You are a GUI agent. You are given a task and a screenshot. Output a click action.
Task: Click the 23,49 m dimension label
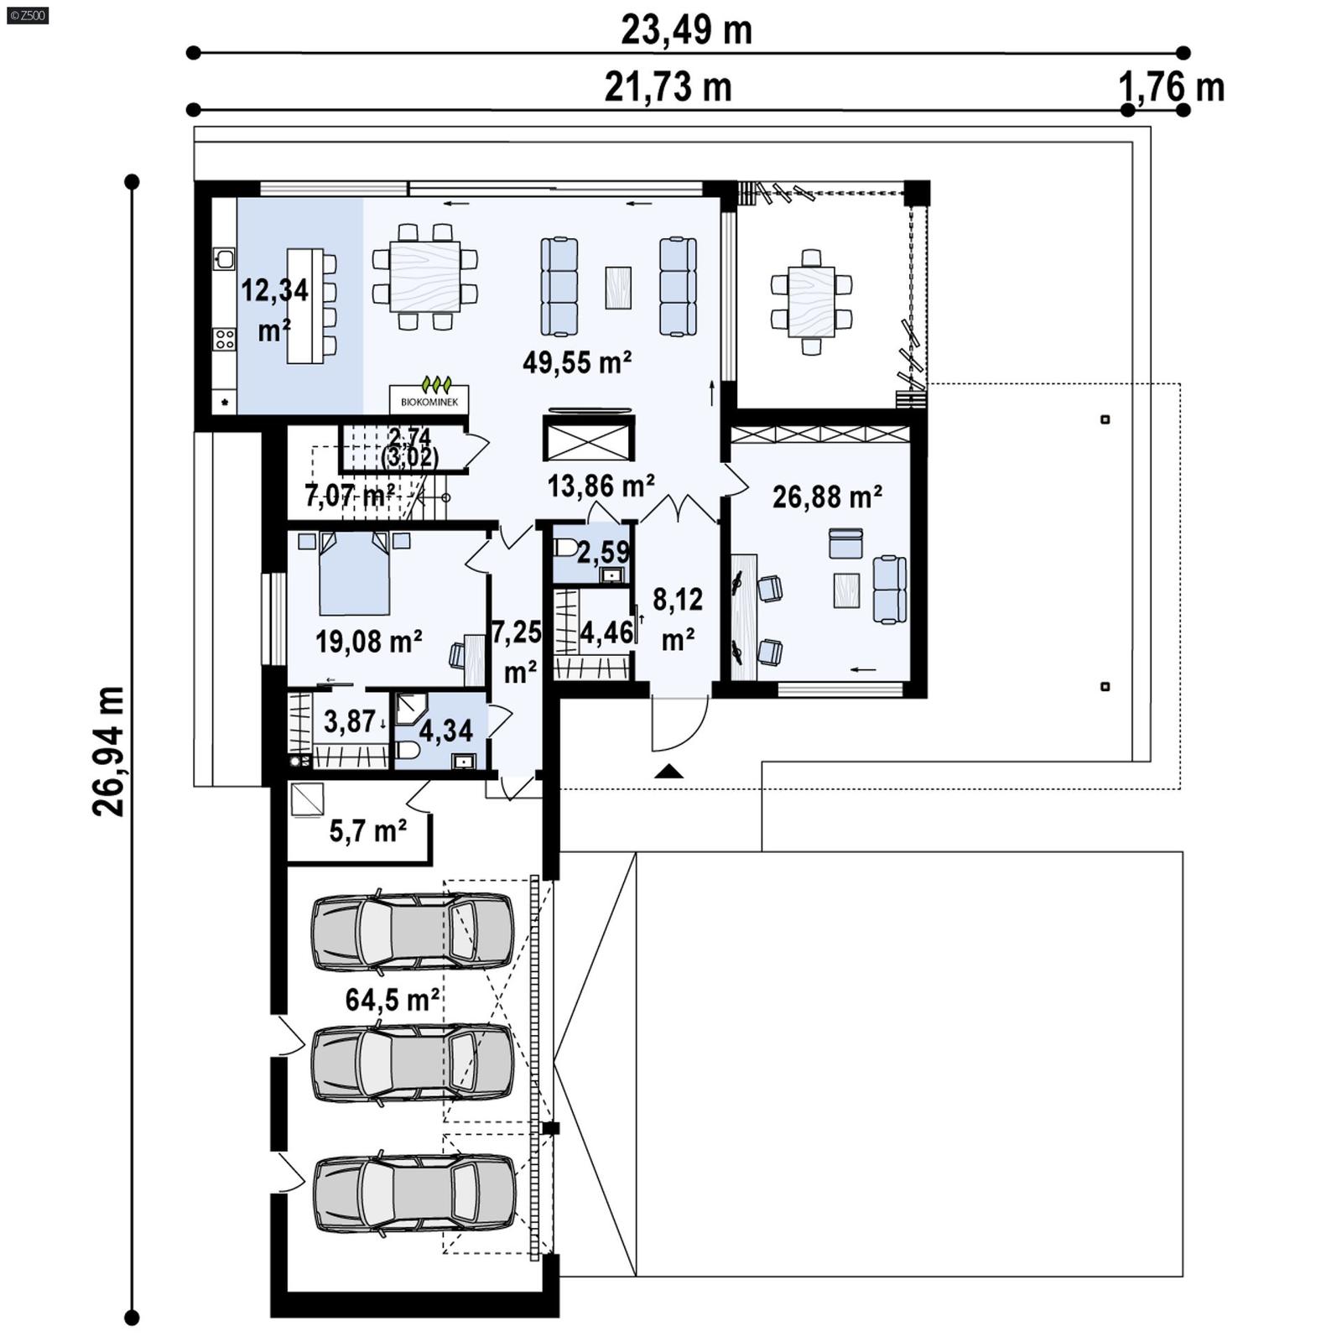(686, 30)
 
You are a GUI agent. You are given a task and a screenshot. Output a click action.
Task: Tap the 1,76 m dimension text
(1172, 86)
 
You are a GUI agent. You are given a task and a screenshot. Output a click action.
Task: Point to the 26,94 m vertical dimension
(109, 751)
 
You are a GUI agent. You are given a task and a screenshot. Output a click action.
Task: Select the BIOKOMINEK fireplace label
(429, 402)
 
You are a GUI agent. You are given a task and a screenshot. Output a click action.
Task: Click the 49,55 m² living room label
(577, 362)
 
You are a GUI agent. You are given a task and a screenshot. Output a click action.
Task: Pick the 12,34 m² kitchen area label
(274, 309)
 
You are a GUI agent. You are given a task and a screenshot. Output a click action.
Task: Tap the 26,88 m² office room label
(826, 497)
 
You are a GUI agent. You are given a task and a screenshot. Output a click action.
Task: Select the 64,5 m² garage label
(392, 999)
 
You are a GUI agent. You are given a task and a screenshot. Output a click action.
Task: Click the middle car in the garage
(412, 1064)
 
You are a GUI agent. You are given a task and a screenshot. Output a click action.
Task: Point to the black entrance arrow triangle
(668, 772)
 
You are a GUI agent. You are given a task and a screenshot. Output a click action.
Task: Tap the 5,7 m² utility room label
(367, 830)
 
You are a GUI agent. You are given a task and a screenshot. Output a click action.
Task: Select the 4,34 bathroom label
(445, 731)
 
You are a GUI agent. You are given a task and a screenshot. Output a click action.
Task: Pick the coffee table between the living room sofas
(618, 288)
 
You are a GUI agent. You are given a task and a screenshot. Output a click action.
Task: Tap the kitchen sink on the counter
(224, 257)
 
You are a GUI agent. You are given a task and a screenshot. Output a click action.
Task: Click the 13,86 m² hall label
(601, 485)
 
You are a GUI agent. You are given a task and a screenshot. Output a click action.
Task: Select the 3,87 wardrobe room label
(349, 720)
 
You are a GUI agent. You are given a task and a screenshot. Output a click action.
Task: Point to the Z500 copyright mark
(27, 14)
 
